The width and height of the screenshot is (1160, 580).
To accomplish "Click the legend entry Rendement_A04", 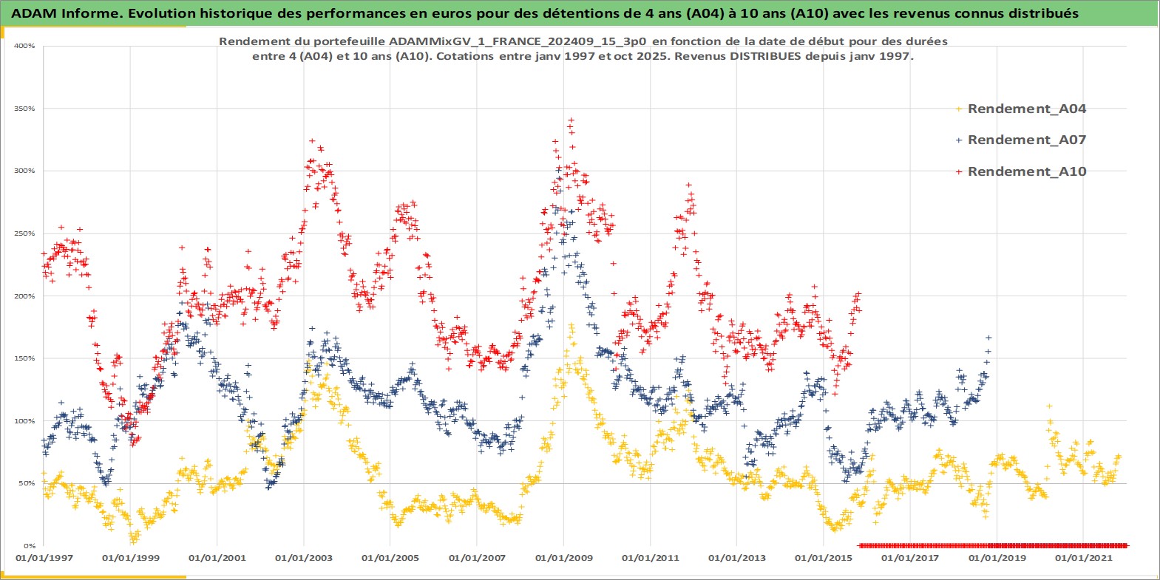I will (1026, 109).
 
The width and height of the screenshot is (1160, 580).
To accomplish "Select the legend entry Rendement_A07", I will (1026, 140).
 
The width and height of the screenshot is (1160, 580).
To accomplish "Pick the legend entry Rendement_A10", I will (1026, 171).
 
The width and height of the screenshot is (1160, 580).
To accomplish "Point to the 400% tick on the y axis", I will (24, 46).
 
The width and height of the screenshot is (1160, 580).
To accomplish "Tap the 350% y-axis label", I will (24, 109).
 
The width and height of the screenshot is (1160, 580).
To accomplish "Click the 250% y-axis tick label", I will (24, 233).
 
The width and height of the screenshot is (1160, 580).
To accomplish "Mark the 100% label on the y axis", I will (24, 421).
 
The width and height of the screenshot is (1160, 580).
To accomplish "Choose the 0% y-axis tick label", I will (28, 546).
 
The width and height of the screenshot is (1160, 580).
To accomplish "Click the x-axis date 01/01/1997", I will (44, 558).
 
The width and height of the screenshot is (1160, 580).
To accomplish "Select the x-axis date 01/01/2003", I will (303, 558).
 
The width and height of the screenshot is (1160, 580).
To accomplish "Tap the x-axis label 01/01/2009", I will (563, 558).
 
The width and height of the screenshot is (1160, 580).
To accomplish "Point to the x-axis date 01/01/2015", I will (823, 558).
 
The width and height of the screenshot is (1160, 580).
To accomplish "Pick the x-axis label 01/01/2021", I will (1082, 558).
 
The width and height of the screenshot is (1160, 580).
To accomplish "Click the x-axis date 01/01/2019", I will (997, 558).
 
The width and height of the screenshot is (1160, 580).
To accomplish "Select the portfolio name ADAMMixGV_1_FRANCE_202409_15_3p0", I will (518, 41).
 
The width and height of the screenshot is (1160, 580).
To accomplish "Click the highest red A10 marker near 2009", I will (570, 120).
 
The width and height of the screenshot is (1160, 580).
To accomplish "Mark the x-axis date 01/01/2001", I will (217, 558).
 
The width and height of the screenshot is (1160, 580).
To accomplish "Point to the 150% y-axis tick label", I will (24, 358).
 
